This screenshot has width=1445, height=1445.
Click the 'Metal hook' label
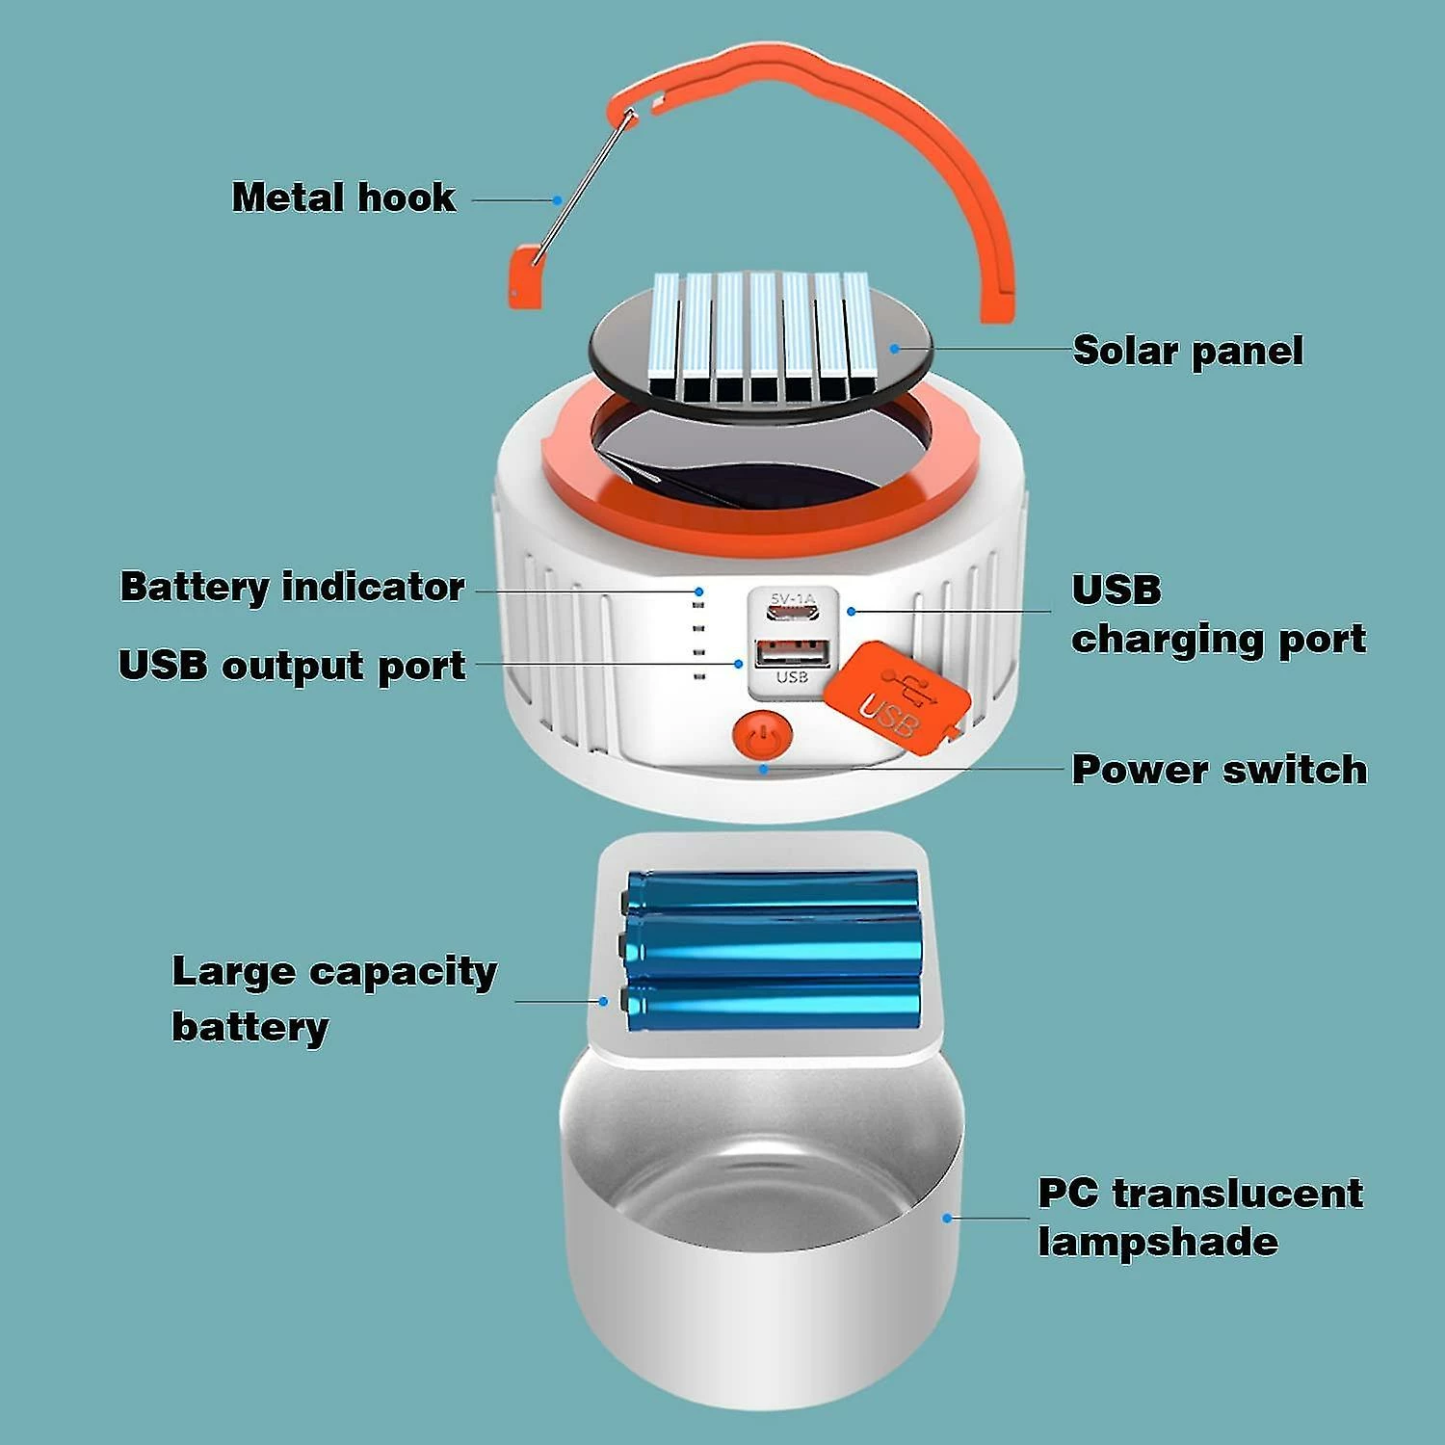click(x=344, y=197)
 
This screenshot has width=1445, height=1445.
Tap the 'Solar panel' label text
click(x=1187, y=351)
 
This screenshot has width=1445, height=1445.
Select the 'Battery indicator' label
click(x=292, y=587)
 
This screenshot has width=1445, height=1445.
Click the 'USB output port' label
click(x=292, y=666)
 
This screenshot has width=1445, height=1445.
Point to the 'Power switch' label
click(x=1219, y=770)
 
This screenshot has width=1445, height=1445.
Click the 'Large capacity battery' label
click(x=333, y=998)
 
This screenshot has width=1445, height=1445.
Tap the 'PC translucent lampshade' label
click(x=1199, y=1217)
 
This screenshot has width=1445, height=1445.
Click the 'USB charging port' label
click(x=1218, y=615)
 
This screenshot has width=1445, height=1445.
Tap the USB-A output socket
click(x=792, y=654)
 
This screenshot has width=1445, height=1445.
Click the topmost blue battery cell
click(x=771, y=888)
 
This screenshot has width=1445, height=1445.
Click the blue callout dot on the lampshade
click(x=947, y=1219)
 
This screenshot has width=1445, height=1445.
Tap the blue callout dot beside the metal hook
click(x=557, y=200)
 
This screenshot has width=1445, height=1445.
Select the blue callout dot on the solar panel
click(x=895, y=349)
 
